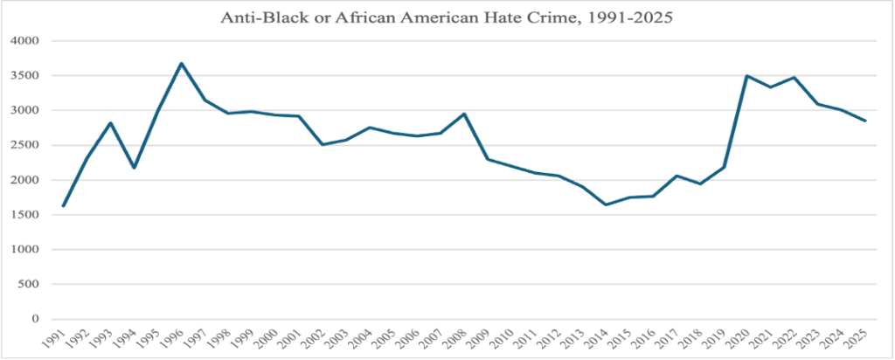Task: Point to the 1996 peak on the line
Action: (x=181, y=63)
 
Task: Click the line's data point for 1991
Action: (x=63, y=206)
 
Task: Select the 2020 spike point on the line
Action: (x=747, y=76)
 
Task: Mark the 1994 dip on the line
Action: (x=134, y=168)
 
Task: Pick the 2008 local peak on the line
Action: (x=464, y=114)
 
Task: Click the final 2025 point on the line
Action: (x=865, y=121)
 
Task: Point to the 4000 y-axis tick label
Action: (x=27, y=41)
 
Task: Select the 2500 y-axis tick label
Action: (x=27, y=145)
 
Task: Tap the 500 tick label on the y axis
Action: (x=30, y=285)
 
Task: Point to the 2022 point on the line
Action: (x=794, y=77)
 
